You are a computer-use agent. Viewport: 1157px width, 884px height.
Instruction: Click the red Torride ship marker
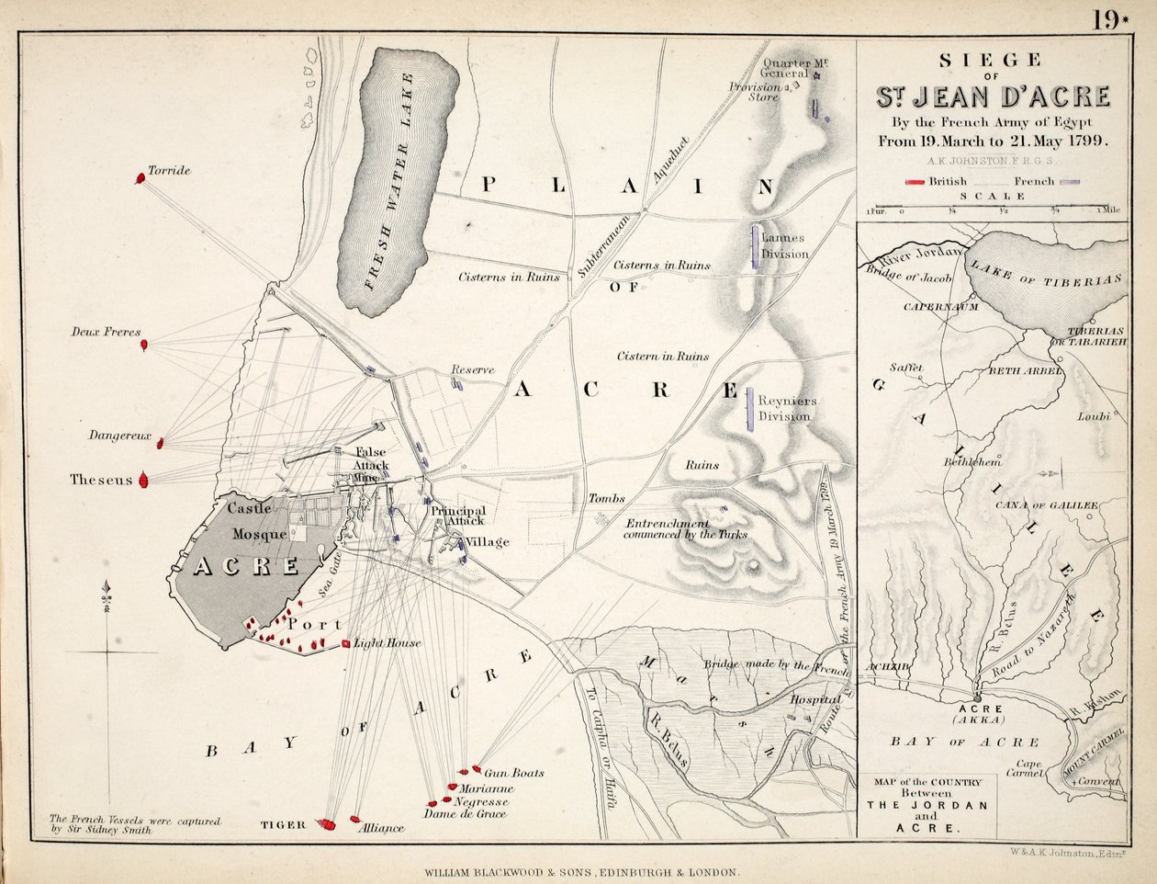[140, 177]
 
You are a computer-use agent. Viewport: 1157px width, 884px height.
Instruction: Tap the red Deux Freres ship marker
[144, 346]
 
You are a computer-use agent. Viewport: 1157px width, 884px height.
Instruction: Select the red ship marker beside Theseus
[143, 480]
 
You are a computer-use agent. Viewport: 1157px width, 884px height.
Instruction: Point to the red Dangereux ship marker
[160, 443]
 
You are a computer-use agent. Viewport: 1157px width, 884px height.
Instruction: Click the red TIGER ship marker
[326, 824]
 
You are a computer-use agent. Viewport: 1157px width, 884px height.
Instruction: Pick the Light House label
[388, 643]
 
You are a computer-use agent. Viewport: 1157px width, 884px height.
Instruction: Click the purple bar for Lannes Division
[755, 246]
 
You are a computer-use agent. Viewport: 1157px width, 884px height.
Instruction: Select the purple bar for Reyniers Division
[750, 408]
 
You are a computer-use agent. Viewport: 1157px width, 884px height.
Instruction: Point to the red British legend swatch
[915, 182]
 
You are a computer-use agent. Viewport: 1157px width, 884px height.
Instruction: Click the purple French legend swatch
[1068, 182]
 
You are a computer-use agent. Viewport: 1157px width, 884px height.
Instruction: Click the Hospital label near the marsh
[815, 699]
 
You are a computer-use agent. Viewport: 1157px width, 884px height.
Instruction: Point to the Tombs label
[607, 498]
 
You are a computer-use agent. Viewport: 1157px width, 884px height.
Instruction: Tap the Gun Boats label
[513, 773]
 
